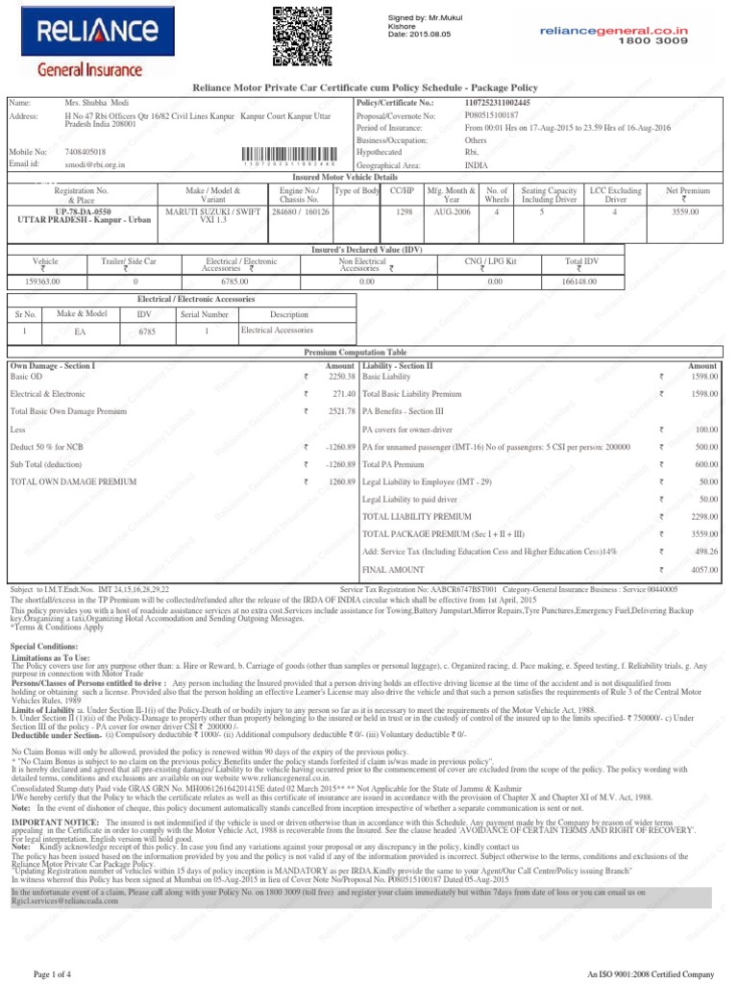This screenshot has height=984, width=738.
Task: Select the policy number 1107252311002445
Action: coord(498,102)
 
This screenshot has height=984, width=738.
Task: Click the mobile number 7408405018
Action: coord(86,152)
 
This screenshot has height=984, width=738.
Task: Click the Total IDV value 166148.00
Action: coord(580,282)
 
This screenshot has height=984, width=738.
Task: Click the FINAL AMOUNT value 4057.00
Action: coord(704,569)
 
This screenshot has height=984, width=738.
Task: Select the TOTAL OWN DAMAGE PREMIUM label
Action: coord(73,480)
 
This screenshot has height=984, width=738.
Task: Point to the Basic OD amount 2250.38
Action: coord(342,377)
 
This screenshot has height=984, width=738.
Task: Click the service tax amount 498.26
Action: coord(706,552)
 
